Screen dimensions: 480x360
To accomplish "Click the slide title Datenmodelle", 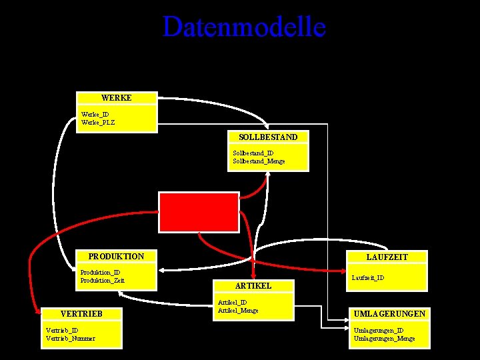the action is coord(244,27).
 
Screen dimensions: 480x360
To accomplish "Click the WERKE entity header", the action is coord(117,98).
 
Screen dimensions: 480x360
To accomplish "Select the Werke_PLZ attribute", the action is coord(98,122).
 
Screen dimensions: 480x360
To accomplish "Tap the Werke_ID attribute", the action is coord(95,114).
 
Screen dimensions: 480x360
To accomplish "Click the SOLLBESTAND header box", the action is coord(268,137).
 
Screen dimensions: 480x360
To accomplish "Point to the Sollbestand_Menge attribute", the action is coord(259,161).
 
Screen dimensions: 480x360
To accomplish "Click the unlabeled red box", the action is coord(198,211).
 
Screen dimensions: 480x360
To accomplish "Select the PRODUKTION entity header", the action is coord(116,256).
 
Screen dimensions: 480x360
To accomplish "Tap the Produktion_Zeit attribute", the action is coord(102,280).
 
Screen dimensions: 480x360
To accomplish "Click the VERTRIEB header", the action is coord(81,313).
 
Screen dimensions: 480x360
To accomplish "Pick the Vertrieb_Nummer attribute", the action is coord(70,338).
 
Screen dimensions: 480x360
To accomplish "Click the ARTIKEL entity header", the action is coord(253,285).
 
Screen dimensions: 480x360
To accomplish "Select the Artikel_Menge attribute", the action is coord(238,310).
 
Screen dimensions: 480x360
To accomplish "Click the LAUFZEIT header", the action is coord(387,257).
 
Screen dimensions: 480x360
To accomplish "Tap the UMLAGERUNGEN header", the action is coord(389,313).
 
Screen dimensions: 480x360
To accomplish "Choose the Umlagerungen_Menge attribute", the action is coord(384,338).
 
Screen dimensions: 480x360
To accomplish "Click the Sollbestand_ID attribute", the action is coord(253,153).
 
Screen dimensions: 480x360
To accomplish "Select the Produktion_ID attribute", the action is coord(100,272).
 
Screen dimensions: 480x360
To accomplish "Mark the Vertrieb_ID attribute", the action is coord(62,330).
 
